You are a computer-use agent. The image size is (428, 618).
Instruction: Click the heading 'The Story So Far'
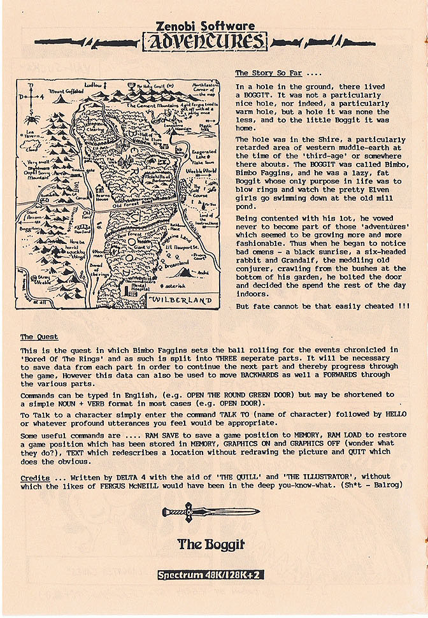268,73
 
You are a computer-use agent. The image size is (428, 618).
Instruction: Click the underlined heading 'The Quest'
39,337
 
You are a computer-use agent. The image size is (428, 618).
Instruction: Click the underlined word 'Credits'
35,477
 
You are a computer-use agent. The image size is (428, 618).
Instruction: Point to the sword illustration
210,512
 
